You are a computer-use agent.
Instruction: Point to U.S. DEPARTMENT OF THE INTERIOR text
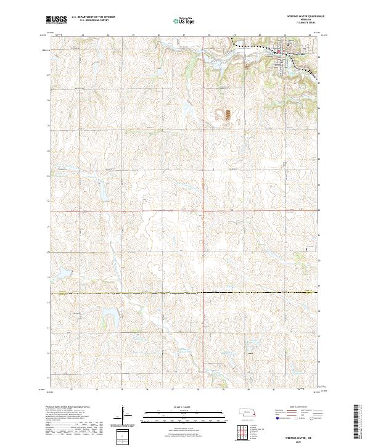93,17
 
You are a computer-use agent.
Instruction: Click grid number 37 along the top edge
184,36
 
